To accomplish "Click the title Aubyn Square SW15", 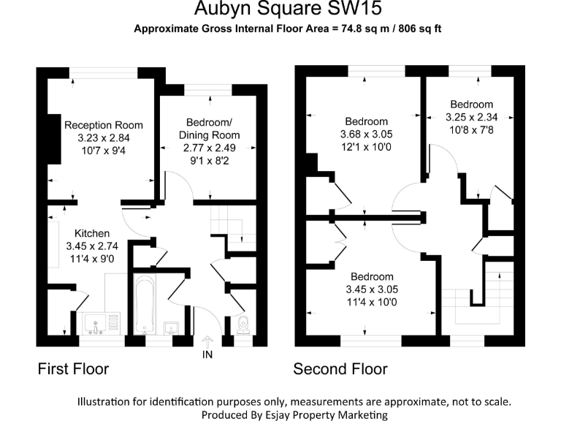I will [288, 10].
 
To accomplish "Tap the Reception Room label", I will [103, 125].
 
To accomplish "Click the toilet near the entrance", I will [244, 325].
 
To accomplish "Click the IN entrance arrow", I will [207, 341].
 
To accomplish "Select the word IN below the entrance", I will [207, 357].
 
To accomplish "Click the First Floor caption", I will [73, 369].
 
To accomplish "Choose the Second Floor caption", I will [340, 369].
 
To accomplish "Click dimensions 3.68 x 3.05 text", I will [367, 134].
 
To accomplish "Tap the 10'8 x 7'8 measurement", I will [472, 129].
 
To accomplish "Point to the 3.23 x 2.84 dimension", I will [103, 137].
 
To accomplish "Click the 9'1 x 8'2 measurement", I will [209, 159].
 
